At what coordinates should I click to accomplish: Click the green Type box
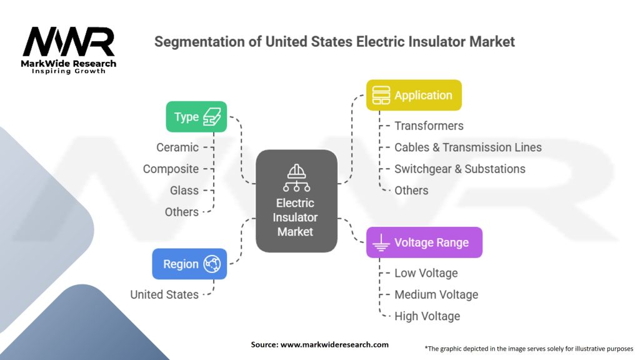(196, 117)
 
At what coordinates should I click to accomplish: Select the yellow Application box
(414, 96)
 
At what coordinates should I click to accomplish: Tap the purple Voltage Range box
(424, 242)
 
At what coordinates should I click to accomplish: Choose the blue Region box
(189, 264)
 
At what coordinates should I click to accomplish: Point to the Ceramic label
(177, 147)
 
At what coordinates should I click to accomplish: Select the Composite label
(171, 169)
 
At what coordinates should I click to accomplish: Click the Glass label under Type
(184, 191)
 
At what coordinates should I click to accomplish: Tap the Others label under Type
(182, 212)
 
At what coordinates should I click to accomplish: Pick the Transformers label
(429, 126)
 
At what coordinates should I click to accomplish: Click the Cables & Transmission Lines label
(467, 147)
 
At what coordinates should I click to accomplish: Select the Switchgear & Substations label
(459, 169)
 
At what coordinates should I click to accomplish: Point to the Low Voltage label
(426, 273)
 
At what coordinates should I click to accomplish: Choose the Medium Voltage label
(436, 294)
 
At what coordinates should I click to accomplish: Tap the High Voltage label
(427, 316)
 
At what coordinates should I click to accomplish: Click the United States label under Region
(164, 294)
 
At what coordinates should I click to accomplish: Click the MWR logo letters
(69, 42)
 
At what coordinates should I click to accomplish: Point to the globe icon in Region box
(212, 264)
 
